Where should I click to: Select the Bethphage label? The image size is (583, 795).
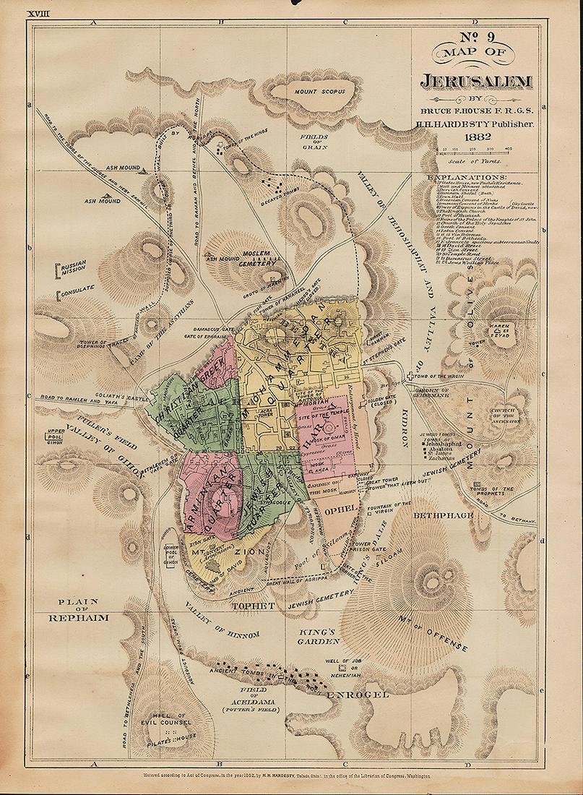coord(443,515)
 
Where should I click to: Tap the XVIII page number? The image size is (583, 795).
coord(37,13)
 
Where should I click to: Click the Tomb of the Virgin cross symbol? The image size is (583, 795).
coord(410,376)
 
